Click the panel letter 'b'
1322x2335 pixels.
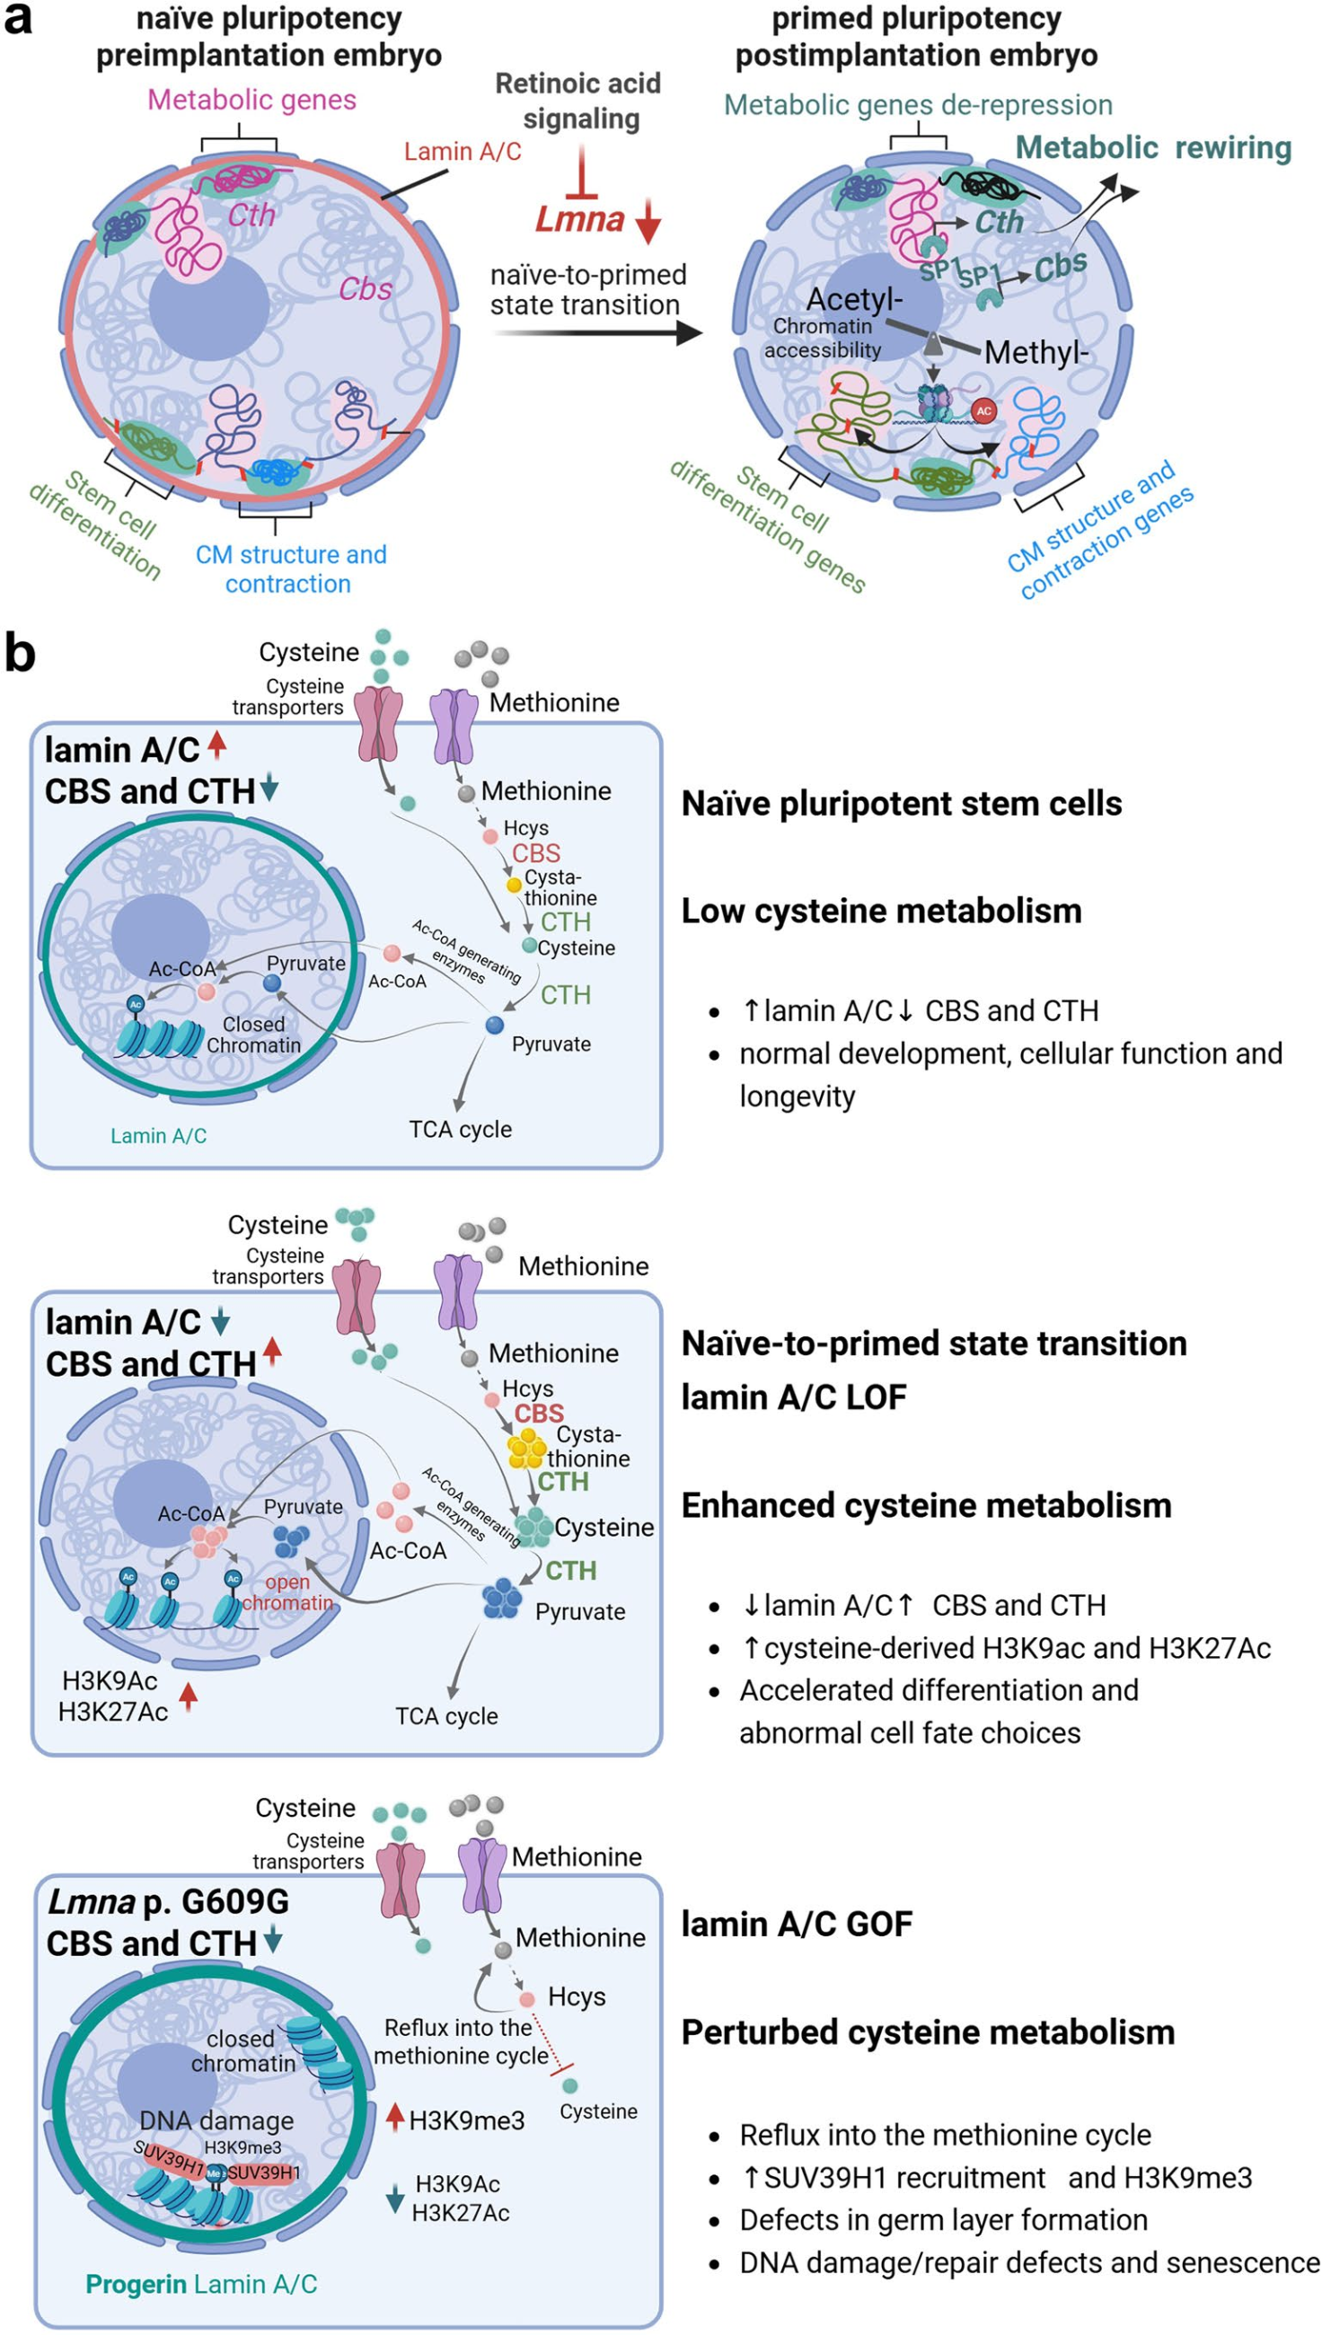pos(19,654)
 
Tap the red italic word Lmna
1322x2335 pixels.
pos(579,220)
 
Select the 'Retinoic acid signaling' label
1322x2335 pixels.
pos(579,101)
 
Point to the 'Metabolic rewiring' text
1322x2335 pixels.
pos(1152,147)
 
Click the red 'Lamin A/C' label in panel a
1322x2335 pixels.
pos(463,151)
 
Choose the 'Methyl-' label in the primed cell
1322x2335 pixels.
pos(1036,352)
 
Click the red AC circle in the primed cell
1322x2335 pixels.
pos(983,411)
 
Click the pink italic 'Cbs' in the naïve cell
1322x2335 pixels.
pos(365,288)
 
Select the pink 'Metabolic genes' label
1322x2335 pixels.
pos(251,100)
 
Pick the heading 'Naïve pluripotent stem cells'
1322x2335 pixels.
pos(901,804)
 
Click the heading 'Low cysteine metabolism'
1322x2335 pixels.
pos(881,911)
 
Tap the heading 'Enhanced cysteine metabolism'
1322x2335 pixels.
pos(926,1505)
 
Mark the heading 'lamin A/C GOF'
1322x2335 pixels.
pos(797,1924)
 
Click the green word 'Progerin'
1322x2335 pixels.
pos(136,2283)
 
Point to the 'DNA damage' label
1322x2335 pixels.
pos(216,2119)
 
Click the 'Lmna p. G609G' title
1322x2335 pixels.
pos(168,1900)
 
